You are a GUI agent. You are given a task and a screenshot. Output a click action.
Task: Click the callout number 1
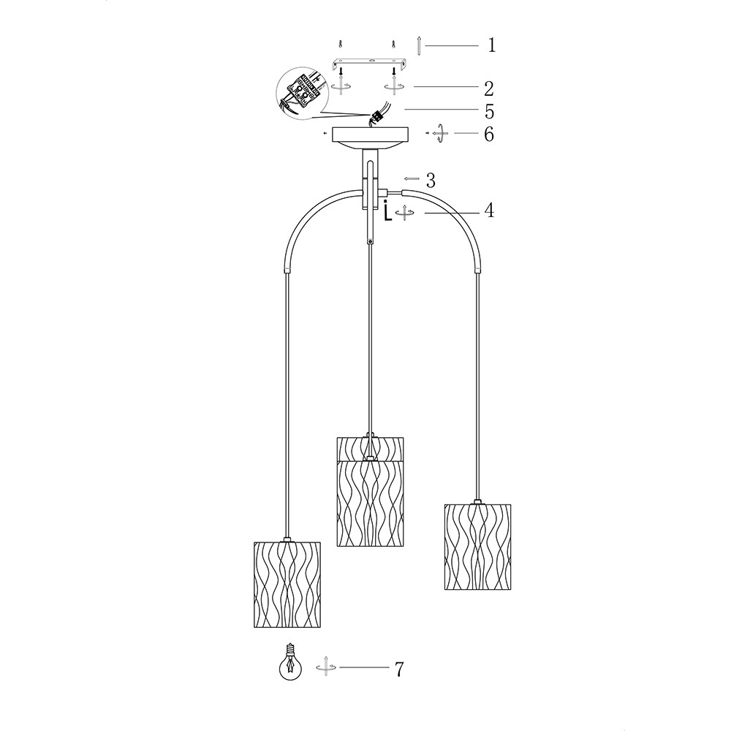492,45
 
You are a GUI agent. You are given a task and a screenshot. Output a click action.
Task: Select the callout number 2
488,88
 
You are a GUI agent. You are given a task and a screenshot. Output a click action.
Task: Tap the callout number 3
431,180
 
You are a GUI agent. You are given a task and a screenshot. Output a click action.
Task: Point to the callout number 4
488,211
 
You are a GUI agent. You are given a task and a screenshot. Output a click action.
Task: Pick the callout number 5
489,111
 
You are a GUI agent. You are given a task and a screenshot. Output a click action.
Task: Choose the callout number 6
488,135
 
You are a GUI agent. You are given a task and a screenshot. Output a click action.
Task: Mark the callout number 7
399,670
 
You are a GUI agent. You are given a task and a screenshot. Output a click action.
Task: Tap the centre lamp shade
370,491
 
